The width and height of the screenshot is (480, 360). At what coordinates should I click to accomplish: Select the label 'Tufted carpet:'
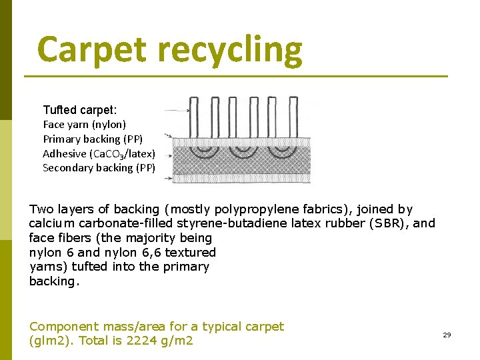pyautogui.click(x=79, y=109)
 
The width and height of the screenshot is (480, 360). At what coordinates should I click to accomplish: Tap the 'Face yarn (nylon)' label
pyautogui.click(x=84, y=124)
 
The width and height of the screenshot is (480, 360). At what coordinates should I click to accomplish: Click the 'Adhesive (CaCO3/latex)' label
pyautogui.click(x=99, y=153)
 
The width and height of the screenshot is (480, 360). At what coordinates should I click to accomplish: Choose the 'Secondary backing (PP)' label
pyautogui.click(x=99, y=168)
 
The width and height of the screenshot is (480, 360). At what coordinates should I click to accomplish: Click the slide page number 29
pyautogui.click(x=447, y=335)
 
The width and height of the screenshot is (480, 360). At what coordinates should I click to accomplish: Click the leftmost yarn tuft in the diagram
pyautogui.click(x=195, y=117)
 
